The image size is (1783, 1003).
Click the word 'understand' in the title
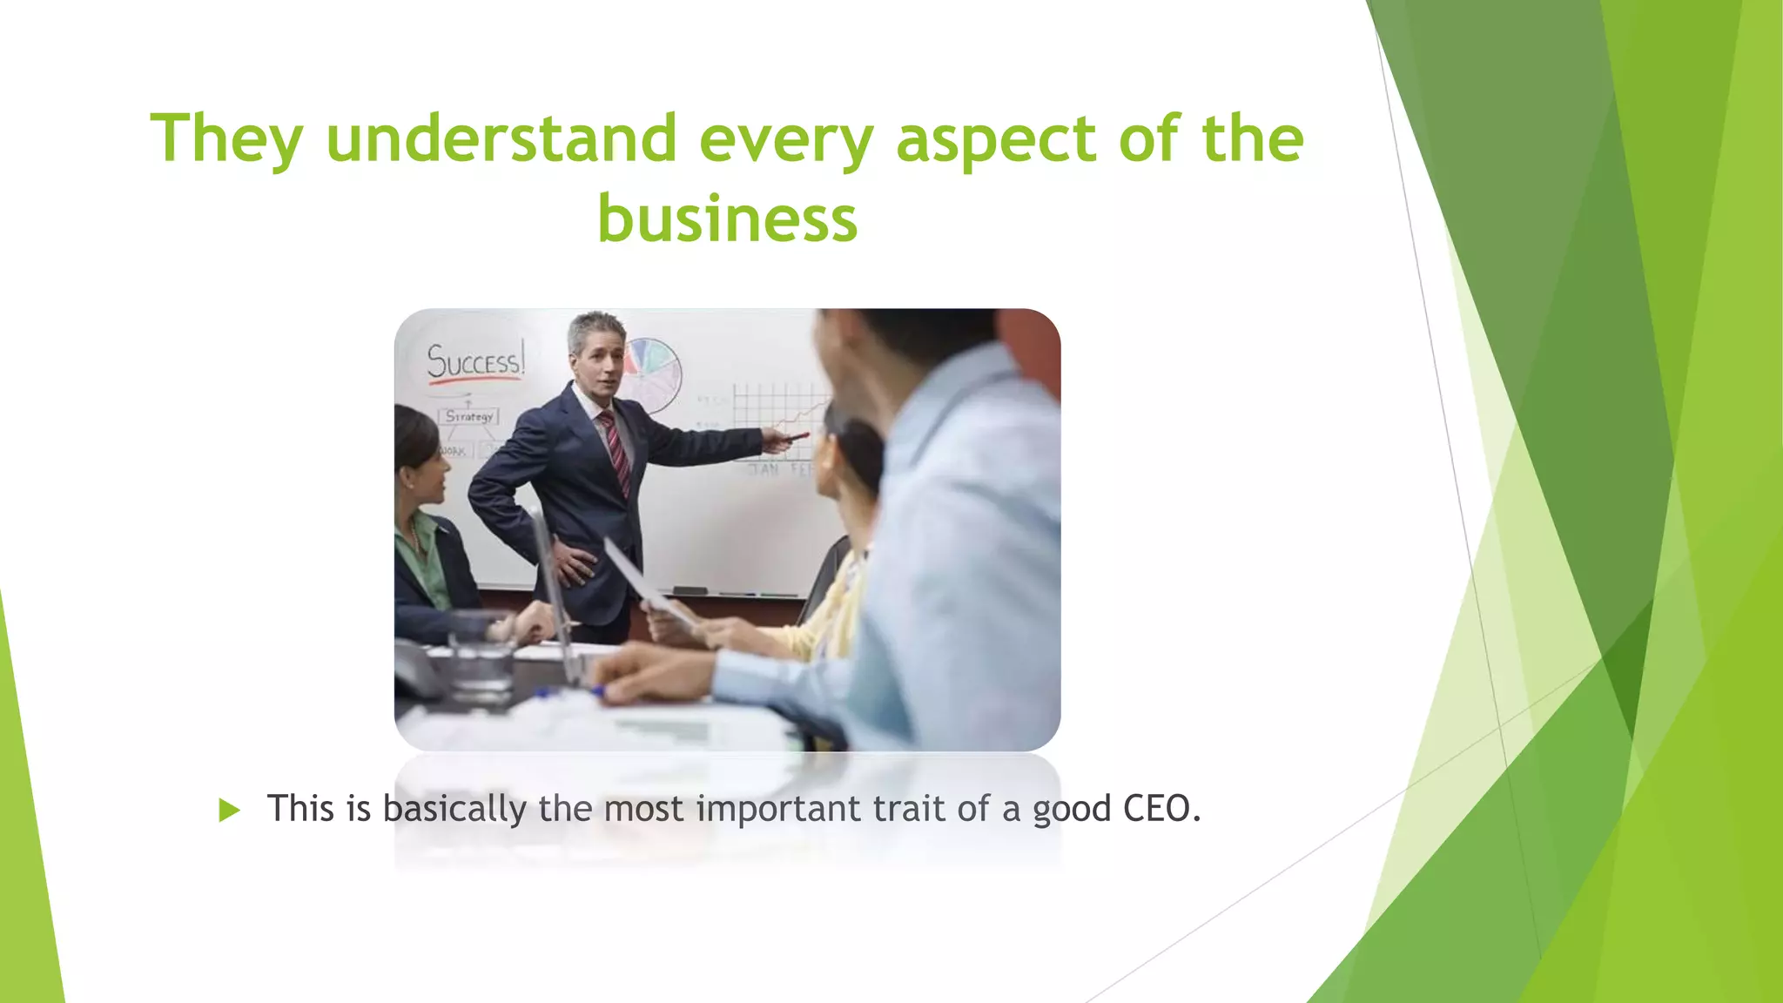pos(501,139)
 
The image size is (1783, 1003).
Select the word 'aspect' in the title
pos(996,139)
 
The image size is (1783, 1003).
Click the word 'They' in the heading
pos(226,139)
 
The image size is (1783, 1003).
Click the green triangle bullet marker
pos(229,811)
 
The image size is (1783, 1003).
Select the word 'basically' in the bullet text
pos(454,809)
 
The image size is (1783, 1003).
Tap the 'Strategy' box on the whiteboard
pos(469,416)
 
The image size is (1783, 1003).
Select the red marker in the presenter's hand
pos(794,436)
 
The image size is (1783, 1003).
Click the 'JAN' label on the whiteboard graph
pos(764,470)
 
